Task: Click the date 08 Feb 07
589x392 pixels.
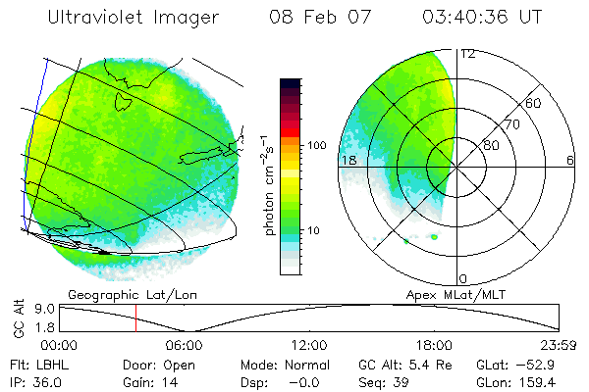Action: (x=322, y=18)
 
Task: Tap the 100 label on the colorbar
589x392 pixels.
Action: (x=317, y=145)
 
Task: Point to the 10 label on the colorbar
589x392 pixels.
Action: (x=314, y=231)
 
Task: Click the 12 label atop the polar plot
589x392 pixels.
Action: (x=468, y=54)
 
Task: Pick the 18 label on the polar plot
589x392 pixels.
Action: (x=348, y=160)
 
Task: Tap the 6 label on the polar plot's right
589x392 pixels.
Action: (x=570, y=160)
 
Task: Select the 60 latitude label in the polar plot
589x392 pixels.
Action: (x=535, y=102)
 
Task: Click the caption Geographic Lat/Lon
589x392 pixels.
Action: (x=117, y=293)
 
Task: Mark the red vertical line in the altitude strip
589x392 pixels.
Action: (x=135, y=318)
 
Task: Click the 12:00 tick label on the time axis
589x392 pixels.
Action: (x=309, y=345)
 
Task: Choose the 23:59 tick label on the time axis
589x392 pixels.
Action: (x=558, y=345)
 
